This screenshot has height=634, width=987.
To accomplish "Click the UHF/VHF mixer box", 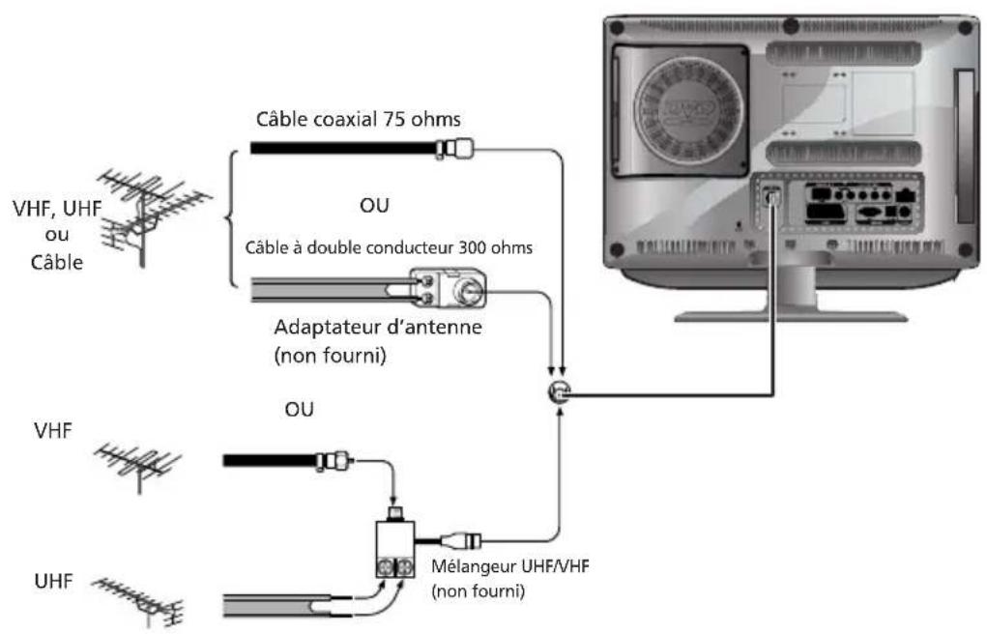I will coord(396,551).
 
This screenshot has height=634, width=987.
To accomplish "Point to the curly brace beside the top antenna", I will coord(229,216).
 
